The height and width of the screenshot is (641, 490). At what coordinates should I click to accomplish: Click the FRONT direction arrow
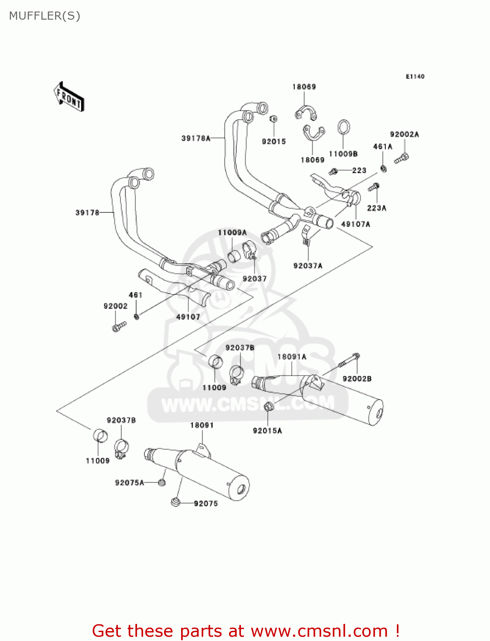click(69, 97)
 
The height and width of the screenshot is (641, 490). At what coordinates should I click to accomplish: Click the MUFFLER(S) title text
click(44, 16)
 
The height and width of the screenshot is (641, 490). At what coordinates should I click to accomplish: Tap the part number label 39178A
click(196, 138)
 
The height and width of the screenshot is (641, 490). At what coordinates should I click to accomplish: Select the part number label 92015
click(274, 141)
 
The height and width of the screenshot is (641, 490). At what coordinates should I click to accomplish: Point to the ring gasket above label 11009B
click(344, 127)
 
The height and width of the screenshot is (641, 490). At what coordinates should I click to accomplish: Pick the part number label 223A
click(376, 208)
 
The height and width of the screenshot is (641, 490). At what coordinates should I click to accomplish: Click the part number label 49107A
click(355, 224)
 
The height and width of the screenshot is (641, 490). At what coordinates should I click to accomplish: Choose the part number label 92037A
click(308, 266)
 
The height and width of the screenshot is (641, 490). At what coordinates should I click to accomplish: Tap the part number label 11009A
click(232, 232)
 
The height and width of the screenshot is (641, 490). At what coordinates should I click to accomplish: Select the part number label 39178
click(87, 212)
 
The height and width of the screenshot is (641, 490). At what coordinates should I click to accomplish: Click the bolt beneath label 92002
click(119, 326)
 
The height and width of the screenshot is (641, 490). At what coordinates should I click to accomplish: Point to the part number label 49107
click(188, 317)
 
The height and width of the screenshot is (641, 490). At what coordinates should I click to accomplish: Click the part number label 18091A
click(292, 357)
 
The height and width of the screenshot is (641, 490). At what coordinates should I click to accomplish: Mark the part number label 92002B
click(357, 379)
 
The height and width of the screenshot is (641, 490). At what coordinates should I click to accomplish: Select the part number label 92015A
click(267, 431)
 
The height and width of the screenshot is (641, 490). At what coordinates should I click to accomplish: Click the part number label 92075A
click(129, 482)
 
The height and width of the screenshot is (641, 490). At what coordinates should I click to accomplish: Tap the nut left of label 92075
click(175, 502)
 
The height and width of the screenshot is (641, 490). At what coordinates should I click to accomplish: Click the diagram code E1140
click(415, 76)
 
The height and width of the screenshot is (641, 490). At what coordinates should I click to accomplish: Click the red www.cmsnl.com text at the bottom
click(319, 631)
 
